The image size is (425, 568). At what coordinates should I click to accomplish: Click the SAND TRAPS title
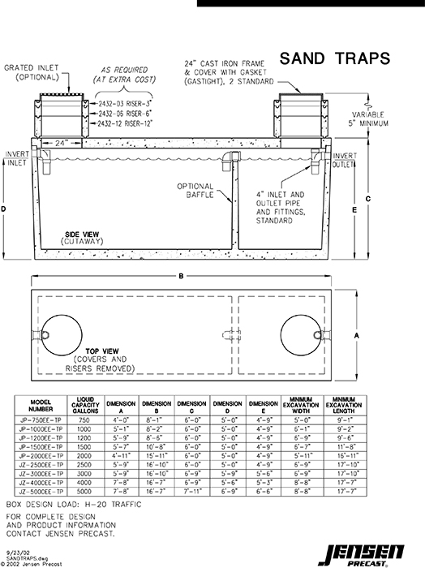[334, 58]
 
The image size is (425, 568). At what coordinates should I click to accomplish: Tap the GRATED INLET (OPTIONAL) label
[33, 72]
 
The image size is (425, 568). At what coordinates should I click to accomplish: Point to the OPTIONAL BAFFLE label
[195, 191]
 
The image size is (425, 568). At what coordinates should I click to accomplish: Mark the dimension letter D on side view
[6, 209]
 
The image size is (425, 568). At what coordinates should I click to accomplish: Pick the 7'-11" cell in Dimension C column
[191, 491]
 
